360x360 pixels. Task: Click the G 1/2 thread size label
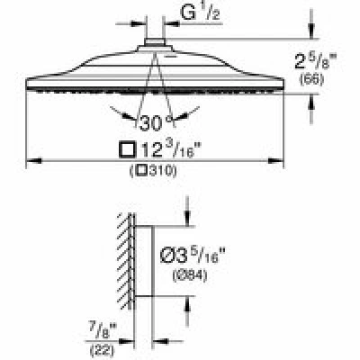[x=200, y=13]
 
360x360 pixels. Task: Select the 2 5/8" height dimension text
[x=314, y=62]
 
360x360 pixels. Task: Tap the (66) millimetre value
[x=312, y=80]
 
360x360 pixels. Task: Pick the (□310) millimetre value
[x=153, y=171]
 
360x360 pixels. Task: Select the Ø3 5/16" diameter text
[x=193, y=256]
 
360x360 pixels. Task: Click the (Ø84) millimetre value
[x=190, y=275]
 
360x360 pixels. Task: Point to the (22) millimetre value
[x=102, y=349]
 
